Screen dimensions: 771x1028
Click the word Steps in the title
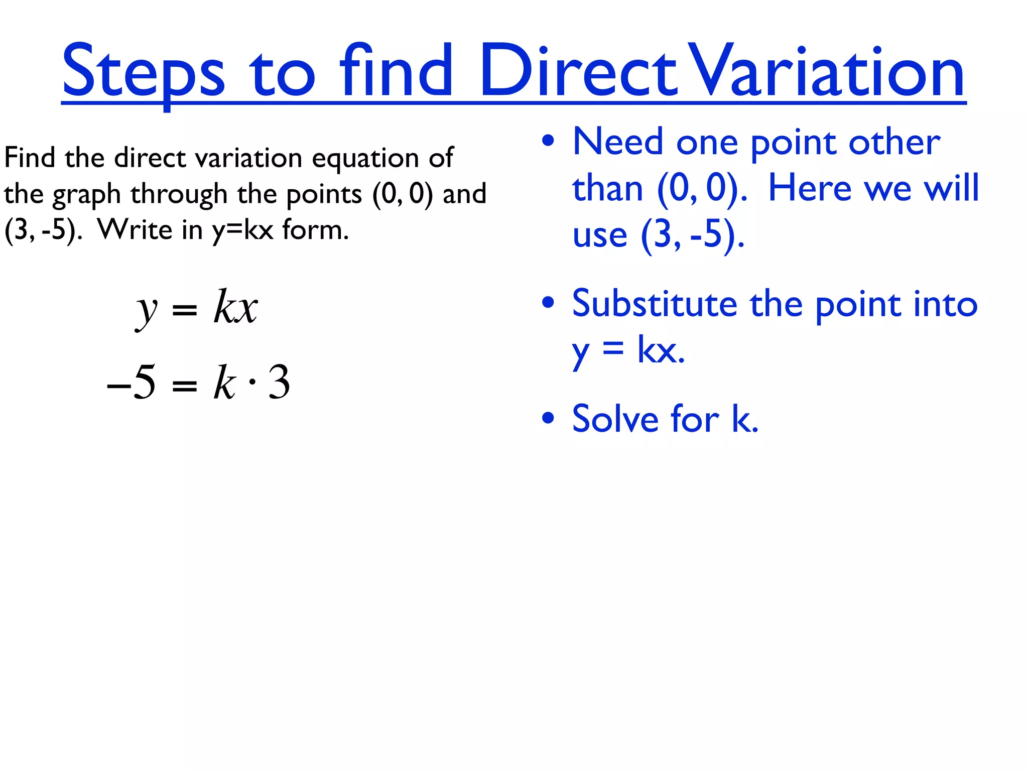click(143, 72)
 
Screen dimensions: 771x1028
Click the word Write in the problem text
click(135, 230)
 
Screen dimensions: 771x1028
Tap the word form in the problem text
click(315, 230)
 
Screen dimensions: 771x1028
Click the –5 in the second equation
click(132, 382)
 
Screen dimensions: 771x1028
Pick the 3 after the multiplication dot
click(279, 382)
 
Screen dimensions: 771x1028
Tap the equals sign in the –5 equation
click(184, 385)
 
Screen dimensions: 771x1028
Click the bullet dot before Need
click(548, 141)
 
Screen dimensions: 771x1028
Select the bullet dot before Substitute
click(548, 302)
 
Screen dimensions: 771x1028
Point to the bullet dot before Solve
click(548, 418)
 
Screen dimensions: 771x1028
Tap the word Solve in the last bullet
click(615, 419)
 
